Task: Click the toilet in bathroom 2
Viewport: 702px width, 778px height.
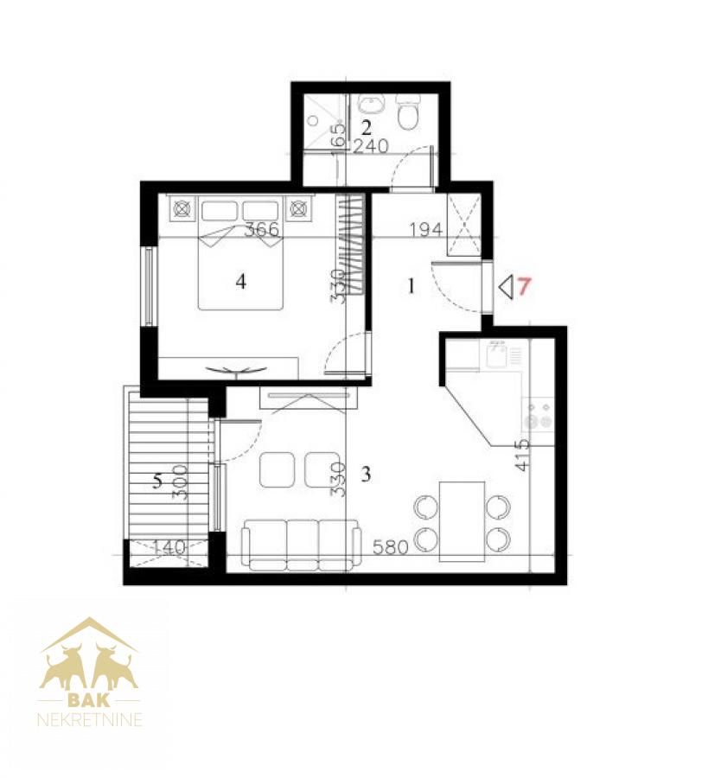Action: [x=409, y=112]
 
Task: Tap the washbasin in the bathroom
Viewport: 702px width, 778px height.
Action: [x=371, y=105]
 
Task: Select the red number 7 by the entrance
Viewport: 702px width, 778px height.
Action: [x=524, y=287]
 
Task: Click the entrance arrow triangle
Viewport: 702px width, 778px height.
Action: [x=506, y=288]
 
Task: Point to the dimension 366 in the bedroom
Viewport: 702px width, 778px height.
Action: [x=263, y=229]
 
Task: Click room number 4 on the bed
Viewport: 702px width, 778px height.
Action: [x=240, y=282]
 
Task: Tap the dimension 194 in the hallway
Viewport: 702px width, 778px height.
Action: [x=426, y=229]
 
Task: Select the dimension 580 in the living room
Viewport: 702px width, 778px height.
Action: [x=391, y=547]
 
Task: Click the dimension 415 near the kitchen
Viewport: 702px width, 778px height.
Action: [x=522, y=455]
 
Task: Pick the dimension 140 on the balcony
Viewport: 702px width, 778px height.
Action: [x=169, y=547]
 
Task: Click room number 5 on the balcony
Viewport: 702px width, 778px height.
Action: [x=157, y=481]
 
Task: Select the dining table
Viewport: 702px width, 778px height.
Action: [x=462, y=521]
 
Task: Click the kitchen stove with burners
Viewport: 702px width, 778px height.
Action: [x=539, y=415]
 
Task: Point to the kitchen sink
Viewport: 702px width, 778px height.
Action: [x=496, y=355]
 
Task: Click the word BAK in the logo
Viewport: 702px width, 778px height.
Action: [x=89, y=700]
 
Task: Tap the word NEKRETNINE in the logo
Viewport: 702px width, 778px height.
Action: [x=90, y=719]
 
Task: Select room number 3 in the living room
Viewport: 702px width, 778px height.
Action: [x=366, y=475]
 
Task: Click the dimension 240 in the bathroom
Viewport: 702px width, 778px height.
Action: [x=371, y=146]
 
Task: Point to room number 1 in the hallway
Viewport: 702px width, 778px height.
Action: [x=411, y=286]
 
